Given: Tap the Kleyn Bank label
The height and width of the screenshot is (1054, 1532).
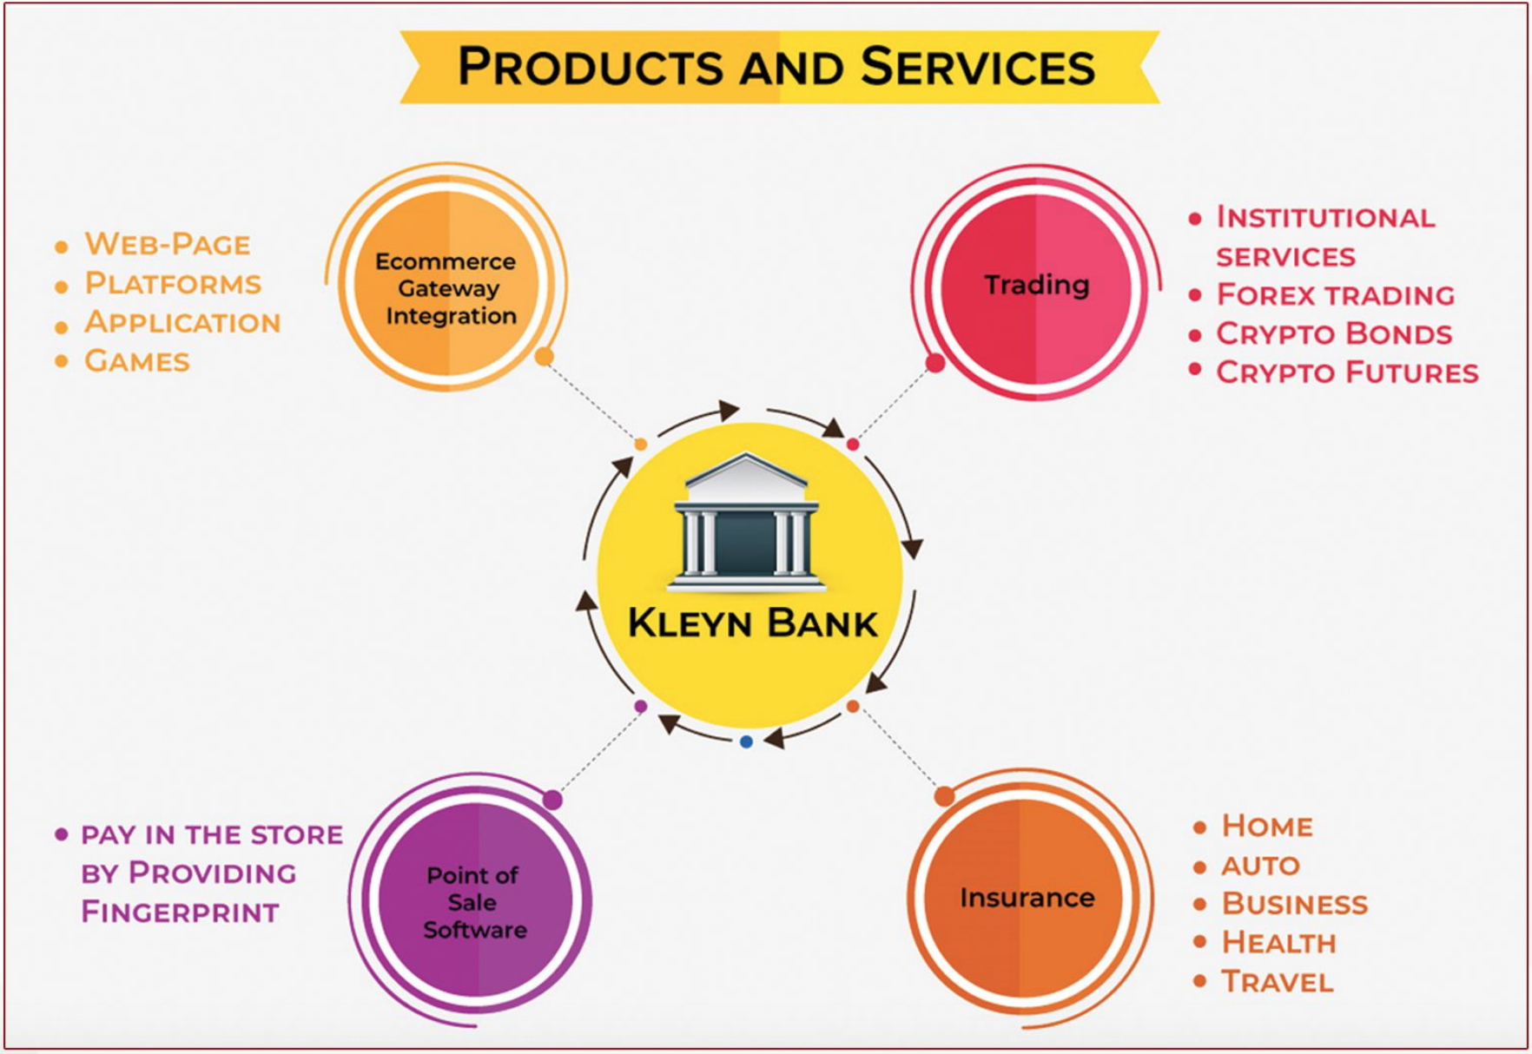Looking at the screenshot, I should click(x=752, y=623).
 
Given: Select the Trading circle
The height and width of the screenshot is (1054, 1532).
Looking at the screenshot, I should click(x=1036, y=285).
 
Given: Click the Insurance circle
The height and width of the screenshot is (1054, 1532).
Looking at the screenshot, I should click(x=1026, y=897).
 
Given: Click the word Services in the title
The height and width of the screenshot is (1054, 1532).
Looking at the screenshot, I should click(x=978, y=67).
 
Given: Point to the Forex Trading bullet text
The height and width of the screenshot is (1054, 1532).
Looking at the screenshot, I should click(x=1335, y=295).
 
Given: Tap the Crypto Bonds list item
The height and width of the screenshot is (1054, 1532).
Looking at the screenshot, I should click(x=1333, y=333).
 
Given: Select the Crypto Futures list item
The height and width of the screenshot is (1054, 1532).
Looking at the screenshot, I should click(x=1346, y=372).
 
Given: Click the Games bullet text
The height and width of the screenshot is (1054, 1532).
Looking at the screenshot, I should click(x=136, y=360).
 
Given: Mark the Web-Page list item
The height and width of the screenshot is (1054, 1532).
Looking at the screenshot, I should click(x=167, y=244).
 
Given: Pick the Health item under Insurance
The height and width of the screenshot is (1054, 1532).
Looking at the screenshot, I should click(x=1278, y=942).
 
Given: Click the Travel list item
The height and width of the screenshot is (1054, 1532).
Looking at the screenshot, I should click(x=1277, y=981).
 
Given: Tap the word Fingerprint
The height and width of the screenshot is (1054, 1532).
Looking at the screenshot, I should click(x=180, y=912).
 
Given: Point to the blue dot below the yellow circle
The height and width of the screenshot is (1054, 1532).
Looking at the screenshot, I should click(x=746, y=741).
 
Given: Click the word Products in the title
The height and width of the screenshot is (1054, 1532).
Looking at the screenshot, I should click(x=589, y=67).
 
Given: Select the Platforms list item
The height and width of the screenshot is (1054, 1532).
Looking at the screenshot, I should click(x=172, y=283).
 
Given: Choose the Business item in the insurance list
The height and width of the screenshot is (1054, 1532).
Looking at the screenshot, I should click(x=1294, y=904).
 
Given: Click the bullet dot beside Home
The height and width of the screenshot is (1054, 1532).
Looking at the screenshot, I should click(x=1199, y=827).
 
